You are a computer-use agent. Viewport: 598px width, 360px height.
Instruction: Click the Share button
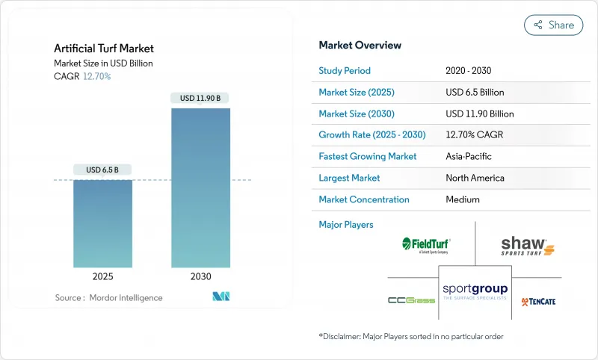click(553, 25)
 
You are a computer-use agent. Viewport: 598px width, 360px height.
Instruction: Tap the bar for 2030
click(200, 187)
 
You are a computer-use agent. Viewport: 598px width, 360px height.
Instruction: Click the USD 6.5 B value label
click(102, 170)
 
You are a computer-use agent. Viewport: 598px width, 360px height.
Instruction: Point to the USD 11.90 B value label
click(200, 98)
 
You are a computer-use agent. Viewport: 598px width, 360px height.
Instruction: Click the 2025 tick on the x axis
click(102, 276)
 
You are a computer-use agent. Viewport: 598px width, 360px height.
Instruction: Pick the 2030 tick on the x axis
click(200, 276)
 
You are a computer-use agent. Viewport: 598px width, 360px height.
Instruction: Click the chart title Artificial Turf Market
click(104, 49)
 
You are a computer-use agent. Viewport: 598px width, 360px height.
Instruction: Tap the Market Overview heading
click(360, 45)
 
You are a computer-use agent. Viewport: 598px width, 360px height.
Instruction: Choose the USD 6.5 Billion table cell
click(474, 93)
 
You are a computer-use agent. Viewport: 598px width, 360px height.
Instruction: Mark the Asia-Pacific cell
click(469, 157)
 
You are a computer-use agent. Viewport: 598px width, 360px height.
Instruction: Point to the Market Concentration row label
click(363, 199)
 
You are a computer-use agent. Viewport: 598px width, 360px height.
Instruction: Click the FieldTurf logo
click(426, 245)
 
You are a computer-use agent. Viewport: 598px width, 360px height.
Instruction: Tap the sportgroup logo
click(475, 291)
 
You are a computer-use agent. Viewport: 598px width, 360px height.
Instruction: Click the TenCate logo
click(538, 301)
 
